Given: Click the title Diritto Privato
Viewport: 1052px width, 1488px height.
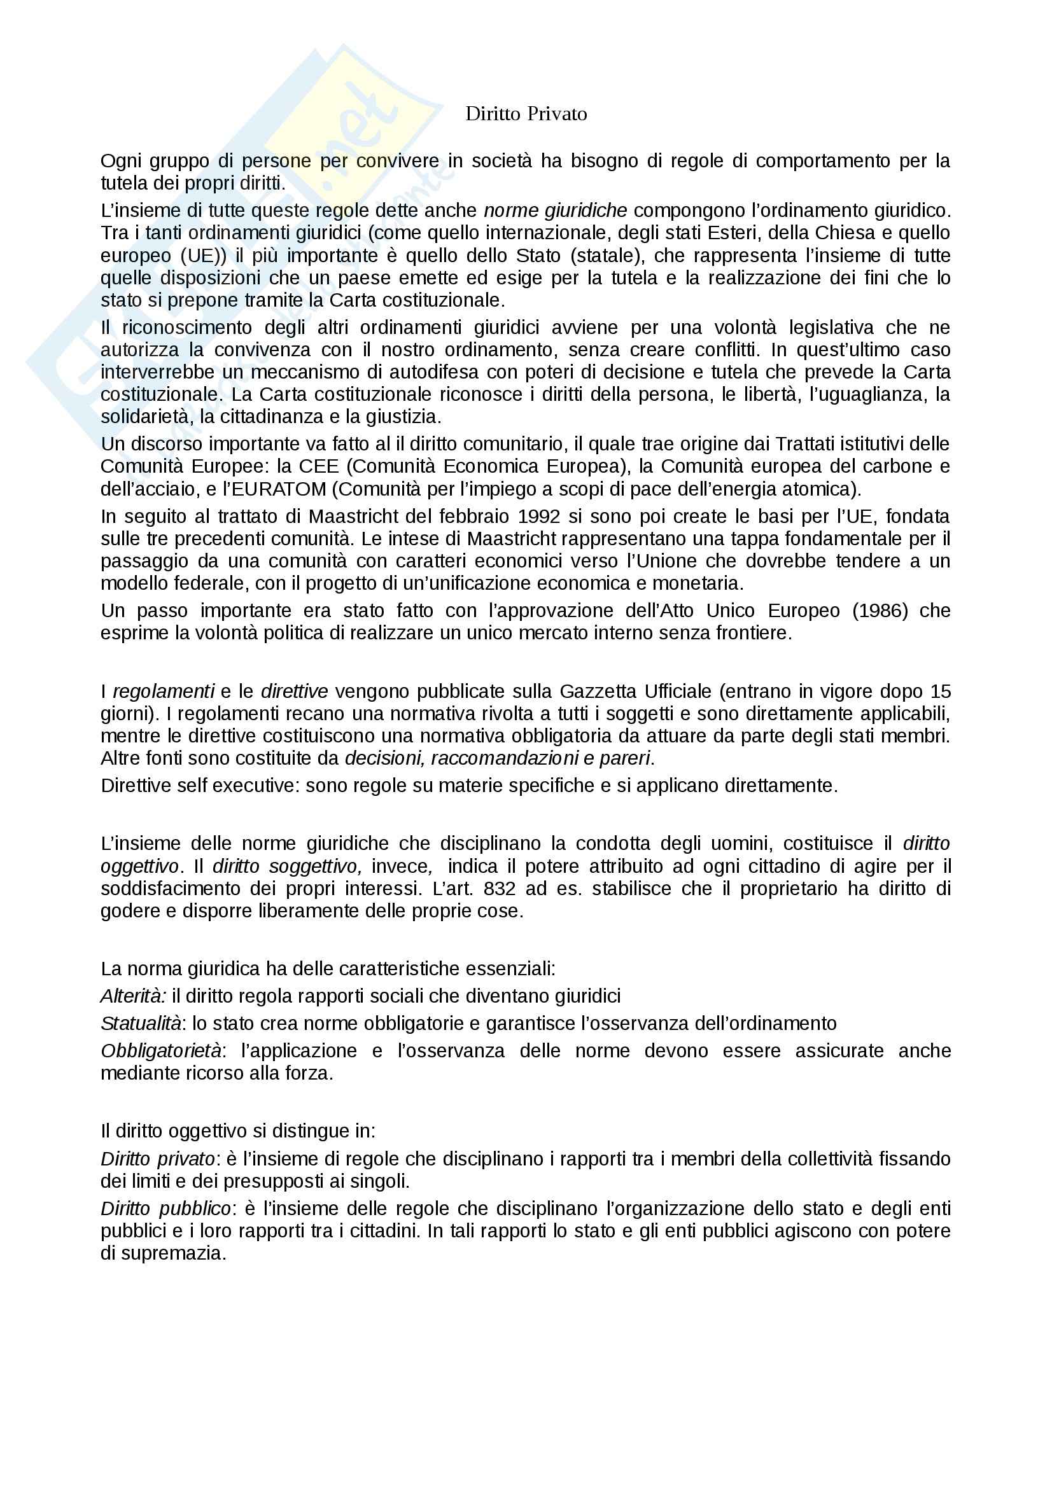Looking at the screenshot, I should tap(526, 114).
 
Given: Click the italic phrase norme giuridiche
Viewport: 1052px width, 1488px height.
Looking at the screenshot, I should tap(556, 211).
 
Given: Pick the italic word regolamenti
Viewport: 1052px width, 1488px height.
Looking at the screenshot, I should tap(164, 692).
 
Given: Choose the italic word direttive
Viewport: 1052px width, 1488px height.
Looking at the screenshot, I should tap(294, 692).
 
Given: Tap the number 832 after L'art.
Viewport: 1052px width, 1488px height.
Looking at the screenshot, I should tap(499, 889).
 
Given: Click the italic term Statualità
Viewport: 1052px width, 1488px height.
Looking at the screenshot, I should tap(141, 1024).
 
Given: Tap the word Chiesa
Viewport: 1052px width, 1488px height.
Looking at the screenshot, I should tap(857, 233).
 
